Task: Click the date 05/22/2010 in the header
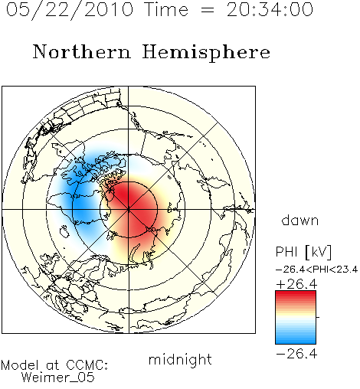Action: (70, 10)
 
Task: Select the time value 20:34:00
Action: (270, 9)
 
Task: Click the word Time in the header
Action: (166, 9)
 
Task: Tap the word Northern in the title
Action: (82, 51)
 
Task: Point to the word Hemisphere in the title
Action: (206, 53)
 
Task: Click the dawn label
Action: (300, 221)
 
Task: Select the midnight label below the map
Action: (180, 359)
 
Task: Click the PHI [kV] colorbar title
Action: (303, 252)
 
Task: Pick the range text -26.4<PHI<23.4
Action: (316, 270)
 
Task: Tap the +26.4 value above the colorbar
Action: (296, 284)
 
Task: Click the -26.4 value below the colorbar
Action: (296, 354)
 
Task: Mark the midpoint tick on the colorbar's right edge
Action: (318, 317)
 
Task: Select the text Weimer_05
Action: (58, 378)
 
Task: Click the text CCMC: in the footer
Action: (87, 365)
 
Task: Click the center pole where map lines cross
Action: (129, 209)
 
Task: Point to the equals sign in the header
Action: (208, 11)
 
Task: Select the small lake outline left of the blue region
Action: (64, 231)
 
